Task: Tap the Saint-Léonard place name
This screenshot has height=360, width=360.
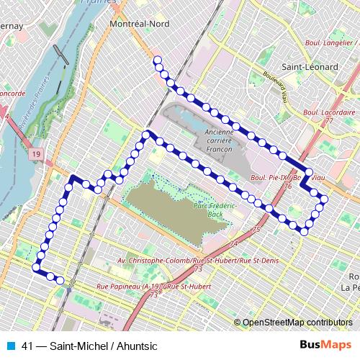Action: coord(310,67)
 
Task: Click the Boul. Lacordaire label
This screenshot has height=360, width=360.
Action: coord(330,113)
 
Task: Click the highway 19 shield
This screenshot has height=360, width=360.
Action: coord(36,153)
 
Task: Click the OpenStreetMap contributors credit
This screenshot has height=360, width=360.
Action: coord(297,322)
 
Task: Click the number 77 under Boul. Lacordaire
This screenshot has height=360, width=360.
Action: coord(329,121)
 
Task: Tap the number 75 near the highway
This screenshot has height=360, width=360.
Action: coord(257,229)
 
